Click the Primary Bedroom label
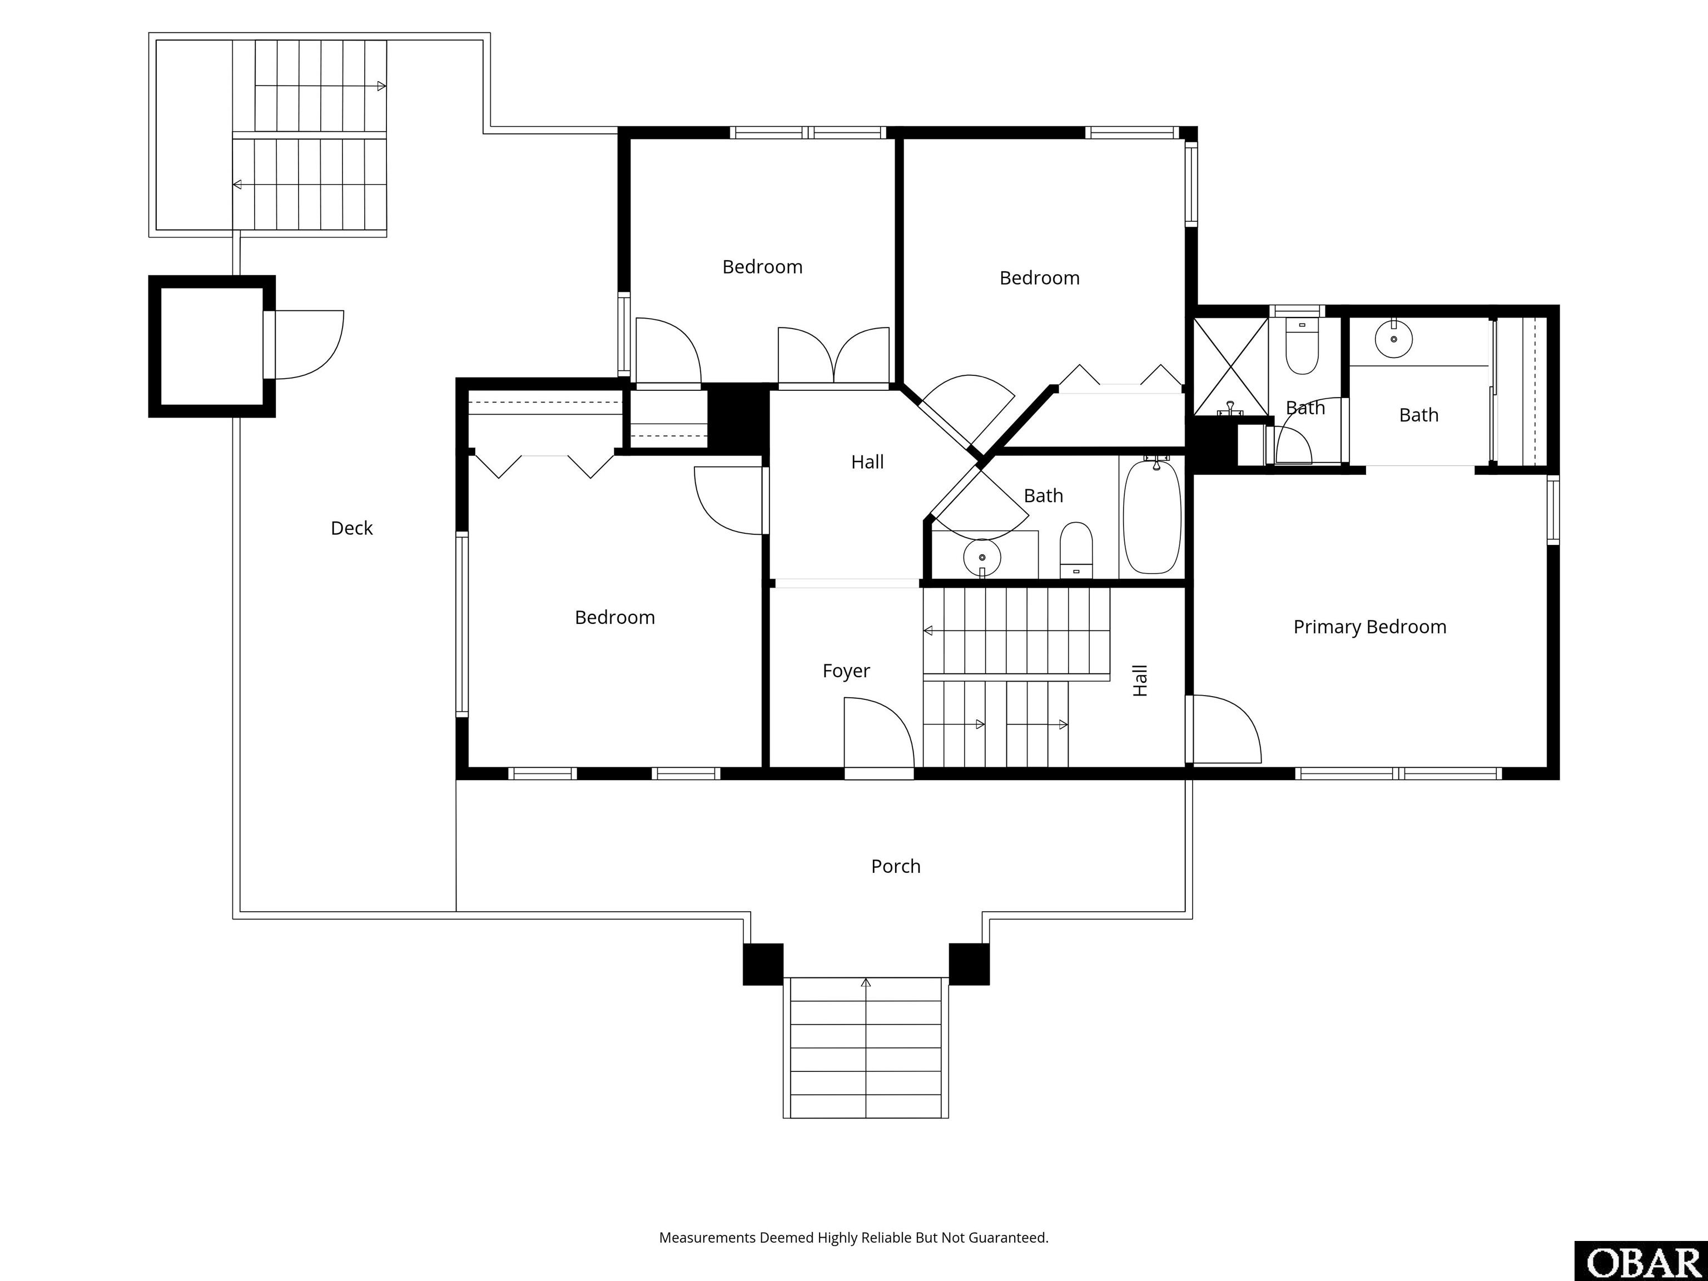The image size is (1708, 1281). pos(1370,627)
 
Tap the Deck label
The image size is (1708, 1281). pos(351,528)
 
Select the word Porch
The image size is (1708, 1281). pos(896,866)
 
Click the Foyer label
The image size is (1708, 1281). pos(846,671)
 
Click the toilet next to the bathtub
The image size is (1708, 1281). pos(1076,550)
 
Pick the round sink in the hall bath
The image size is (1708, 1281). pos(982,556)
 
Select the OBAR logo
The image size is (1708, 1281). pos(1641,1261)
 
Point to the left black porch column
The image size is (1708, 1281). pos(763,965)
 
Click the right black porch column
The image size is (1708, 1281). pos(969,965)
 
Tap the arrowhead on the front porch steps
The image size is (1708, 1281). pos(866,983)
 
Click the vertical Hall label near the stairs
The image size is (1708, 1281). pos(1140,681)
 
